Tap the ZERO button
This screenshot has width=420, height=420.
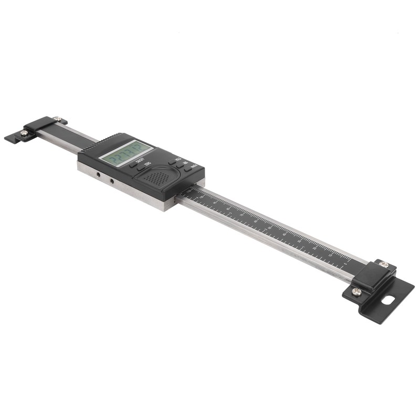[x=141, y=168]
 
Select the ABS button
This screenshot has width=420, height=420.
[x=180, y=165]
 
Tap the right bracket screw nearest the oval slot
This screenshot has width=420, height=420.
[x=384, y=264]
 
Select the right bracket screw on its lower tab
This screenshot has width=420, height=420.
[x=357, y=291]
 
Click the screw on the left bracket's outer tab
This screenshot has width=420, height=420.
[x=24, y=133]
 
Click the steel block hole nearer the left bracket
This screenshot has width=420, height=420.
[x=97, y=174]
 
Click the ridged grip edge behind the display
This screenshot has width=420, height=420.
[x=108, y=140]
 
